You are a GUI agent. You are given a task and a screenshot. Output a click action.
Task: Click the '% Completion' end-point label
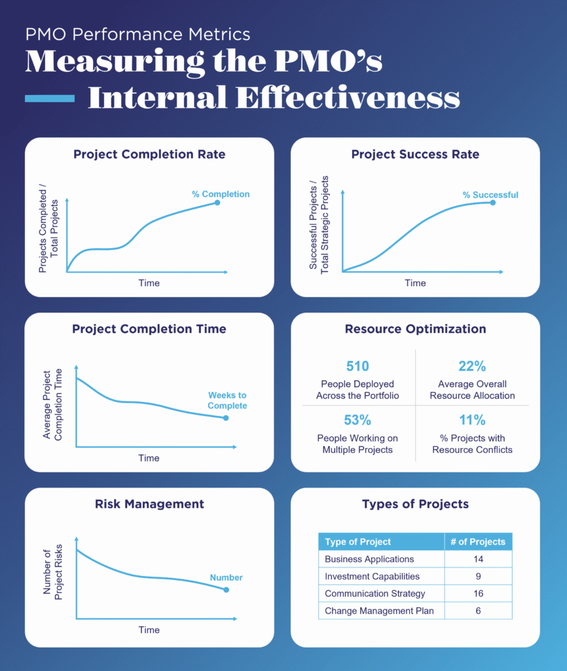(220, 194)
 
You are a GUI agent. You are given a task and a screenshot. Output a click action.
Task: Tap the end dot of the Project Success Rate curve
(492, 202)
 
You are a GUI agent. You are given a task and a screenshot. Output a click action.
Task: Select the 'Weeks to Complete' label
(227, 400)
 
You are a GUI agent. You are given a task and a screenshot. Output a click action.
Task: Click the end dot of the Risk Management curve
(227, 590)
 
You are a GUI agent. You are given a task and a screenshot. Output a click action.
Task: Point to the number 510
(357, 366)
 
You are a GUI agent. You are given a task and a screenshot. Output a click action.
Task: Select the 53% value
(357, 421)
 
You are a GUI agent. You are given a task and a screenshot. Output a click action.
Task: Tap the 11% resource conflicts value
(472, 421)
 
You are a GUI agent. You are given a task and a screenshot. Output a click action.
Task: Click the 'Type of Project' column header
(358, 542)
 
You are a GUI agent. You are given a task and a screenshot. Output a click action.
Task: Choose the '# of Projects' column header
(478, 542)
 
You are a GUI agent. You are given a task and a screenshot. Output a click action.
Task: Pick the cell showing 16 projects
(478, 594)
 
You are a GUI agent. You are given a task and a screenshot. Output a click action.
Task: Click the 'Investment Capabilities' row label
(372, 577)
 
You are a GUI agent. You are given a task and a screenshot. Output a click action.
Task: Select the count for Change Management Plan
(478, 611)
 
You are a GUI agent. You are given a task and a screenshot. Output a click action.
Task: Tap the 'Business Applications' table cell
(369, 560)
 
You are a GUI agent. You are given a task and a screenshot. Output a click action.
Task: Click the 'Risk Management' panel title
(149, 504)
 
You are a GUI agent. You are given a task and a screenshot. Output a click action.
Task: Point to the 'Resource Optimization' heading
(415, 329)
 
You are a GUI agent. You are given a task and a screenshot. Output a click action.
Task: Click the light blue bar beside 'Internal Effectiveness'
(50, 99)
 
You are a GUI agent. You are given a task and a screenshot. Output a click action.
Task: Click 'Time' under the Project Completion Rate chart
(149, 283)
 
